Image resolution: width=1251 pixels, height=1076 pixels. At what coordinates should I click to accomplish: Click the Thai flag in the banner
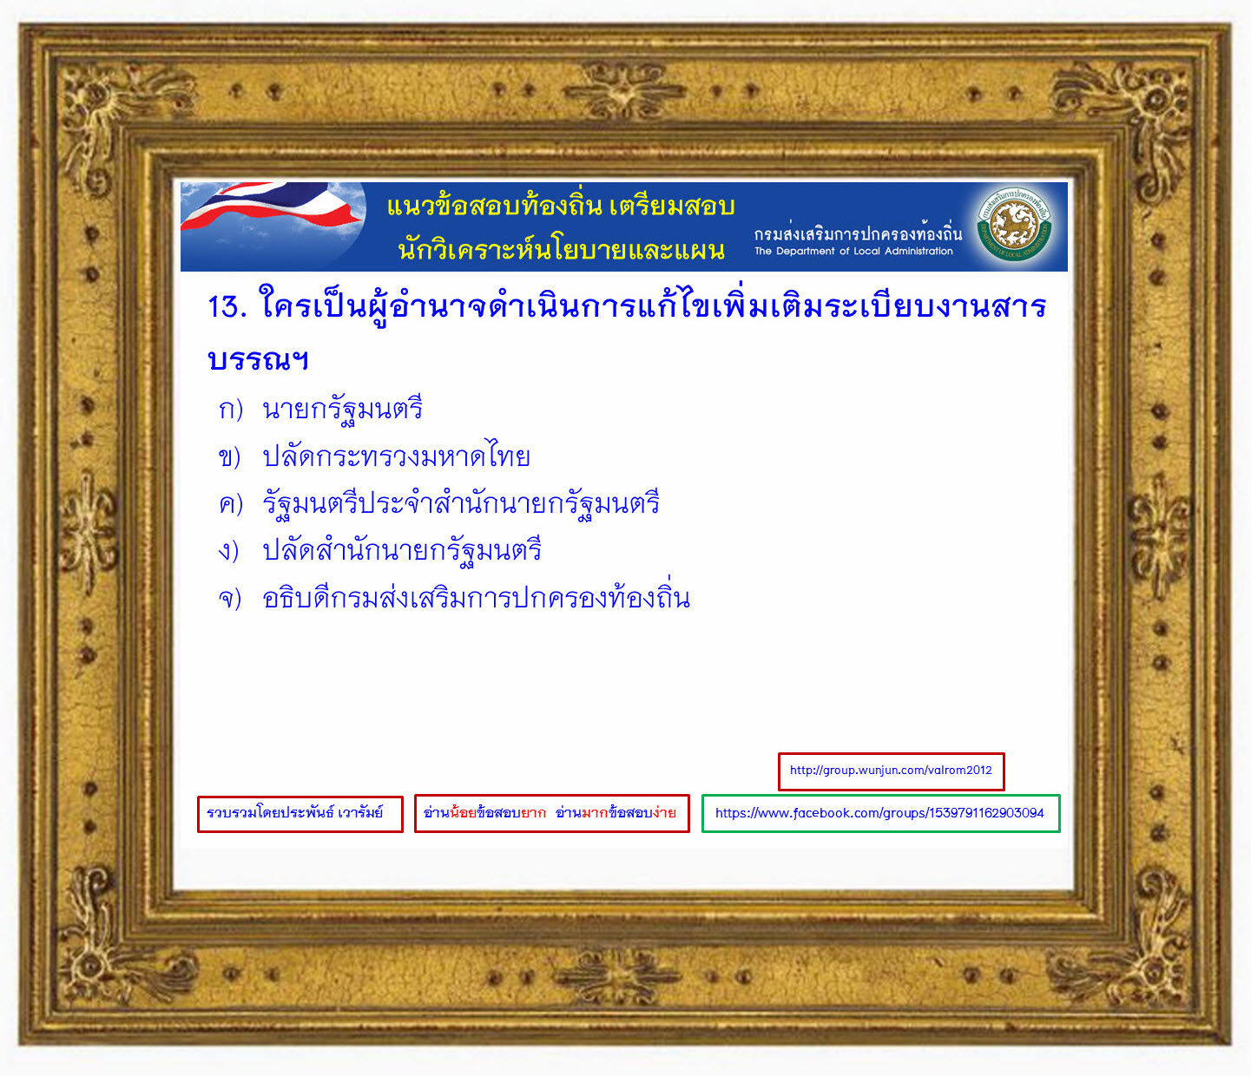pos(273,207)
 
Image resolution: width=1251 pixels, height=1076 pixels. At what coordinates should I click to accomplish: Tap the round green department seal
pos(1014,225)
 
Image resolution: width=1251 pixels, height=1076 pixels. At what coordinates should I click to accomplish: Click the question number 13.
pos(227,306)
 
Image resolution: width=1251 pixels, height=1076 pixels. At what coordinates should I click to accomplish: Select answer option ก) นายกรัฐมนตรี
pos(320,410)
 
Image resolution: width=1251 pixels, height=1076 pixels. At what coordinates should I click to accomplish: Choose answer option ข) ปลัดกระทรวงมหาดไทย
pos(374,456)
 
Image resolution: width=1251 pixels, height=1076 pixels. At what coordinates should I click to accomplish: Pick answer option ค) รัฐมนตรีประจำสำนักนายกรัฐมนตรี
pos(438,503)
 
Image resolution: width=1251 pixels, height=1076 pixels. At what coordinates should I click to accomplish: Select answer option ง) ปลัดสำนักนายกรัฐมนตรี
pos(379,550)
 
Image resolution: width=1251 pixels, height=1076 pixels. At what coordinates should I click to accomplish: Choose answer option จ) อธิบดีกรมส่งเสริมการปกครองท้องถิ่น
pos(454,596)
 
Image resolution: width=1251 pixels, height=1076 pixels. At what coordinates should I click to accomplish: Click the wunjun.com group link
pos(891,771)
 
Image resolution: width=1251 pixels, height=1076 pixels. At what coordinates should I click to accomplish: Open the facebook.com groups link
pos(880,813)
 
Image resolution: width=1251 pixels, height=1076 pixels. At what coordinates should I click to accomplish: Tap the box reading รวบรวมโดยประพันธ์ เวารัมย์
pos(300,814)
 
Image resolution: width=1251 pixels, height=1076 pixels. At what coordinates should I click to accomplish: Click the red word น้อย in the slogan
pos(463,812)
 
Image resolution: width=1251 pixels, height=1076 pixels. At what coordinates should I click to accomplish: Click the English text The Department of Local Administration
pos(853,251)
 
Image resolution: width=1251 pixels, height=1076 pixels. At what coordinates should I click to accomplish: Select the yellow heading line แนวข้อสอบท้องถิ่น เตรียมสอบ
pos(561,206)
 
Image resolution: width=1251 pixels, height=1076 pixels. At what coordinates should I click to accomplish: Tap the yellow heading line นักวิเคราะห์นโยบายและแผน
pos(561,249)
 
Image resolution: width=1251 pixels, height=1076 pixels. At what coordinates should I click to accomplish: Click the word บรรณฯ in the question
pos(258,359)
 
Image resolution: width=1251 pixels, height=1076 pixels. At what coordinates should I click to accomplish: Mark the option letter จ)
pos(230,598)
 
